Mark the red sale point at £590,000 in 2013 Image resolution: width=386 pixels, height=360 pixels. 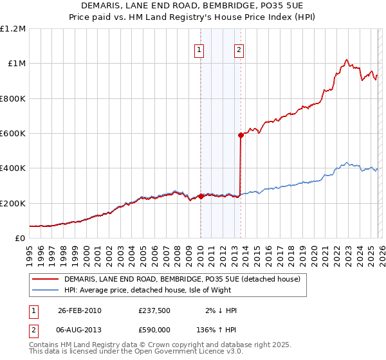(x=241, y=135)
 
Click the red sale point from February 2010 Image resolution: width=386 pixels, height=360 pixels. (x=201, y=197)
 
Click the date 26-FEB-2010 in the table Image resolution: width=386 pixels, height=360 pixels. (x=79, y=310)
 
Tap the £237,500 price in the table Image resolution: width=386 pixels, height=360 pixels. (x=154, y=310)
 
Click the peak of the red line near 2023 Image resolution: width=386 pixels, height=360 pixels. (x=347, y=60)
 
